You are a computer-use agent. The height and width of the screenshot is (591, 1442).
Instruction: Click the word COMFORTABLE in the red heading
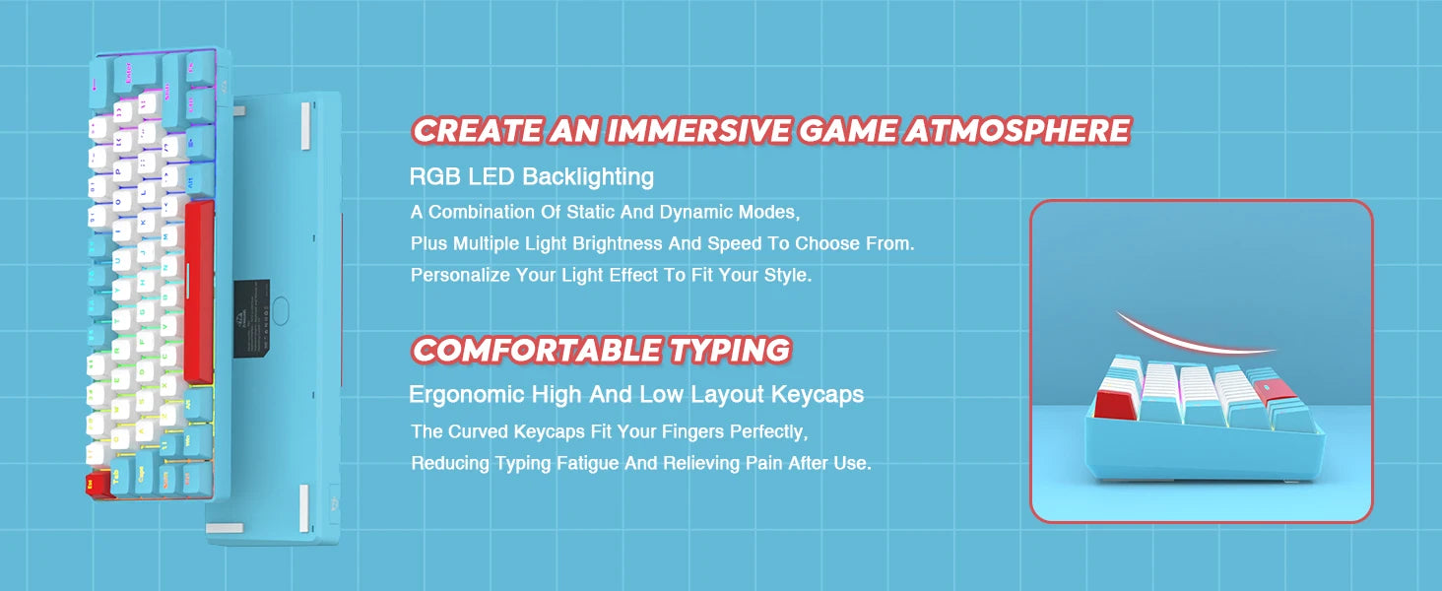(537, 350)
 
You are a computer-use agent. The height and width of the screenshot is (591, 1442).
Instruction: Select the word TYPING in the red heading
(730, 350)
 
